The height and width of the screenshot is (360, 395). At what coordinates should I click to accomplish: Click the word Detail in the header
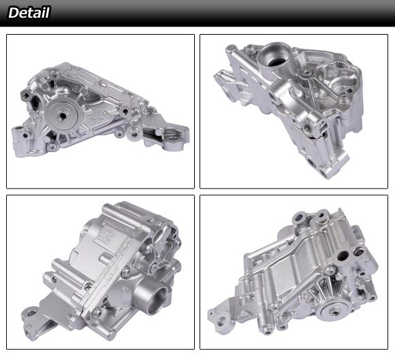pos(29,12)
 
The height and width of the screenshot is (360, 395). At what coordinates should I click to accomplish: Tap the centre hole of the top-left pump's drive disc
pos(62,116)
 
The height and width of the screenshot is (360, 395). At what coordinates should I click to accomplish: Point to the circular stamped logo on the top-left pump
pos(91,121)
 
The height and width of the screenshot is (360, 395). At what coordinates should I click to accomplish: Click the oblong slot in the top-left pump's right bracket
pos(173,138)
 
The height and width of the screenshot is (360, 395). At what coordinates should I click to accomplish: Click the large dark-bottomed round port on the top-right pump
pos(274,61)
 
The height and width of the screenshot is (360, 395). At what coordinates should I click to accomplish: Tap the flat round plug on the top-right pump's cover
pos(306,73)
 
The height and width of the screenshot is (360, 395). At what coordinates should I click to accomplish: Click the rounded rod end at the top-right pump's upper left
pos(230,48)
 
